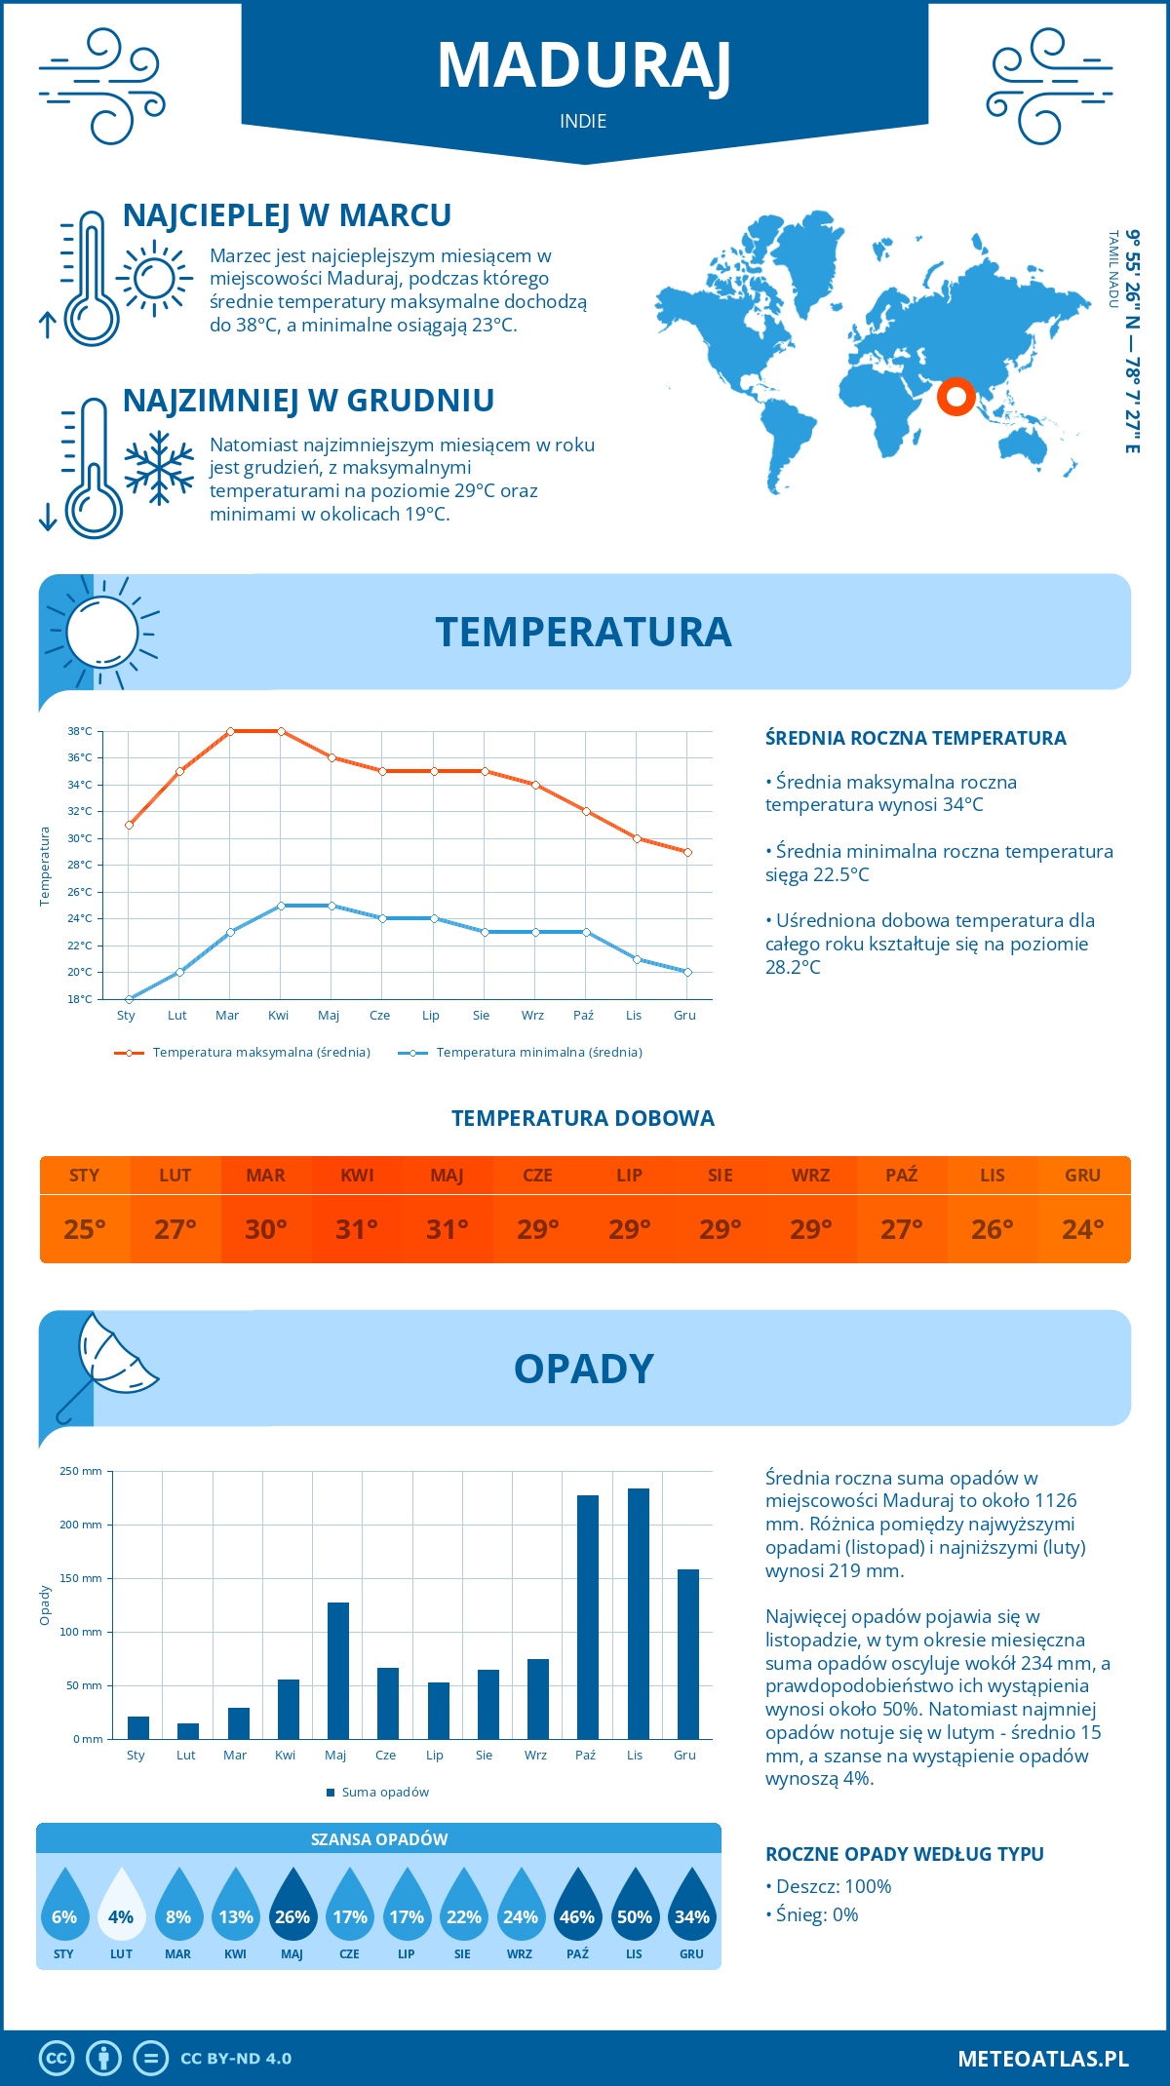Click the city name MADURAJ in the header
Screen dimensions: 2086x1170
pyautogui.click(x=584, y=66)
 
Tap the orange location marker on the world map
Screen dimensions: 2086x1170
pyautogui.click(x=956, y=397)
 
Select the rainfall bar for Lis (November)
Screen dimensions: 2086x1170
pyautogui.click(x=639, y=1613)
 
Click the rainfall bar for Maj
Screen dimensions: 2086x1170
pyautogui.click(x=338, y=1670)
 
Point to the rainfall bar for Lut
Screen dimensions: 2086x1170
pyautogui.click(x=188, y=1730)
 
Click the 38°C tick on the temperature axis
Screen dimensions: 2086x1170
pyautogui.click(x=80, y=731)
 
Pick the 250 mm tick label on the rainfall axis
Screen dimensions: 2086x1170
pyautogui.click(x=81, y=1471)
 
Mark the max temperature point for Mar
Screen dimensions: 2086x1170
pyautogui.click(x=230, y=731)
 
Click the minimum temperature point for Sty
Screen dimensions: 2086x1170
pyautogui.click(x=129, y=999)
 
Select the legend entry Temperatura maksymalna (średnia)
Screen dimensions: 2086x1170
pyautogui.click(x=261, y=1053)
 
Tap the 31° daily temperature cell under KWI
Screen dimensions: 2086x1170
pyautogui.click(x=357, y=1229)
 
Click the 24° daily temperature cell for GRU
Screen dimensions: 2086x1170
pyautogui.click(x=1083, y=1229)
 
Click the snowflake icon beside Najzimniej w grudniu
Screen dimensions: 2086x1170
pyautogui.click(x=159, y=468)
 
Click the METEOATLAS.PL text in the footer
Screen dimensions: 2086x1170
pyautogui.click(x=1043, y=2059)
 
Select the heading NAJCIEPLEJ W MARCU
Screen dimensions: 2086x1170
pyautogui.click(x=287, y=215)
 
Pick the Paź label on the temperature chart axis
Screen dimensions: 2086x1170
pyautogui.click(x=583, y=1016)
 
